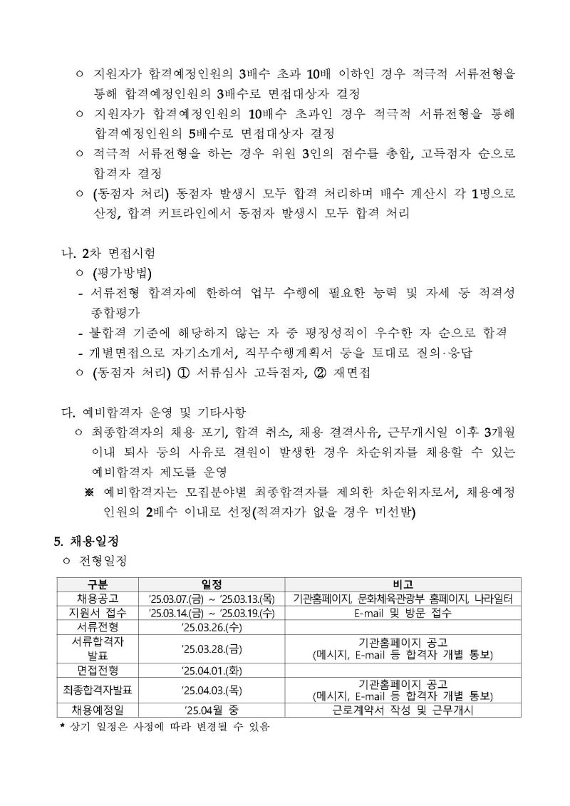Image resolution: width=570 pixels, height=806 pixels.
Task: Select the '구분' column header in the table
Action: (97, 584)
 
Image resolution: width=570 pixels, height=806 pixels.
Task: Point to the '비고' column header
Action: (403, 584)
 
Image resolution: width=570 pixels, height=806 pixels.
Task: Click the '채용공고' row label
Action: (97, 598)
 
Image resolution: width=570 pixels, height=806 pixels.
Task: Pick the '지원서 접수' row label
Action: (97, 612)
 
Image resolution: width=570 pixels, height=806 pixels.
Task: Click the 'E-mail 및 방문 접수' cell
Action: (403, 612)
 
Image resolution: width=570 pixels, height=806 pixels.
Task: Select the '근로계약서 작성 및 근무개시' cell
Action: (403, 711)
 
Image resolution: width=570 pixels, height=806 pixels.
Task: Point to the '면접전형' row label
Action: (97, 669)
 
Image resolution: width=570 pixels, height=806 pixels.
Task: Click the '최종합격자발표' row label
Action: (97, 690)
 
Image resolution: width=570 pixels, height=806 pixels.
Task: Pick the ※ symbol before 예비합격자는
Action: (90, 492)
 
